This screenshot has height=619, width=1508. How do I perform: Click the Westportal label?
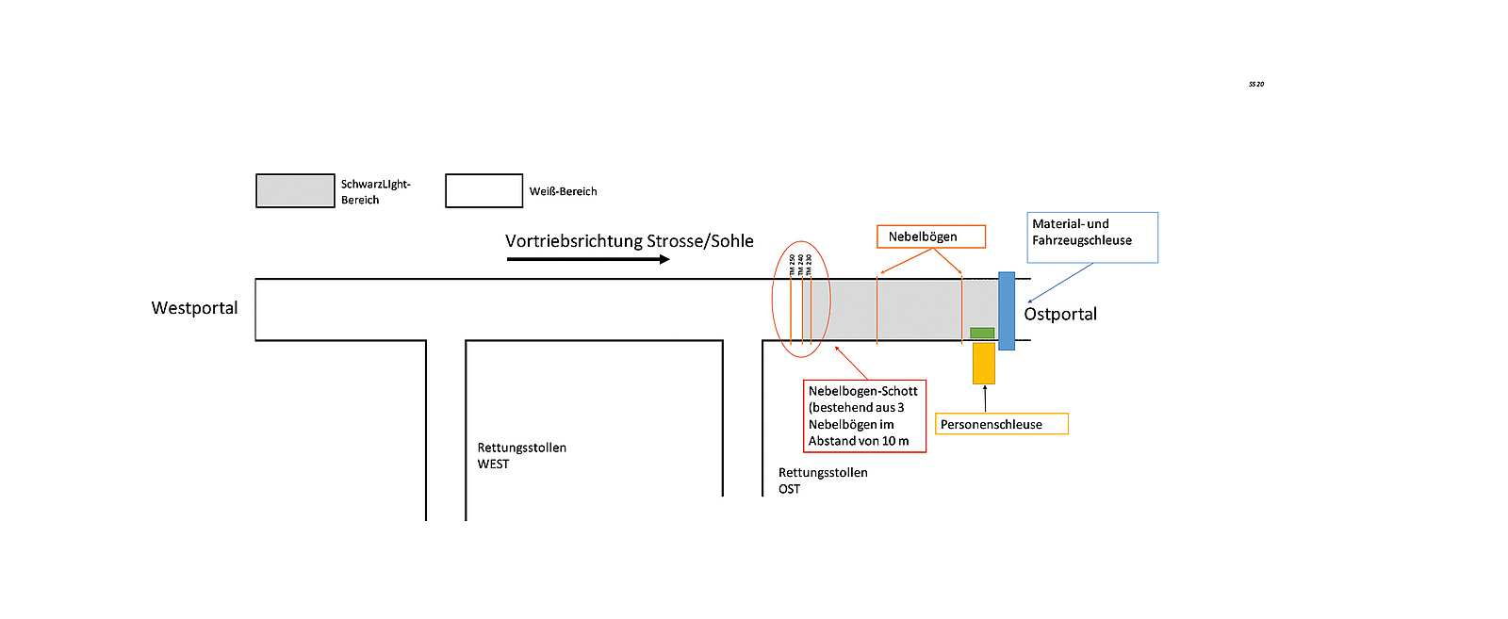click(194, 308)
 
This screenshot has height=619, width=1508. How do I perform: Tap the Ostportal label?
click(1060, 315)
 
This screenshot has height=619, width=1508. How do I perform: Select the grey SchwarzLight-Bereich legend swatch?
click(295, 190)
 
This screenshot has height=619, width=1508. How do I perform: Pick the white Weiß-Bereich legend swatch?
click(484, 190)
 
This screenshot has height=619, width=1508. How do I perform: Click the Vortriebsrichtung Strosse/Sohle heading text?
click(629, 241)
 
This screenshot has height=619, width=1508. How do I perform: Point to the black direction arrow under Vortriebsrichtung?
click(588, 259)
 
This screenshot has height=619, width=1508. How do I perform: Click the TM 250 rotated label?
click(792, 266)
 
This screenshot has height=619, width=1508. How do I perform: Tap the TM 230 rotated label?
click(809, 266)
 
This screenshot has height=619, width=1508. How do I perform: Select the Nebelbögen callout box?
click(931, 236)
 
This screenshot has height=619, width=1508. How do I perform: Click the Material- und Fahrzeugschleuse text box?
click(1091, 236)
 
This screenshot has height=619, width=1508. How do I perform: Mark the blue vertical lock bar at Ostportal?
click(1007, 311)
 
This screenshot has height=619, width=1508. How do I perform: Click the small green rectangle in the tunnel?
click(982, 333)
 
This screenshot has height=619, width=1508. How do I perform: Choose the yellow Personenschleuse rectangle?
click(984, 363)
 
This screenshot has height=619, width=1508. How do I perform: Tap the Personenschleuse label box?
click(1001, 424)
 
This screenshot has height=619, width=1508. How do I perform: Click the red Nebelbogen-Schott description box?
click(864, 415)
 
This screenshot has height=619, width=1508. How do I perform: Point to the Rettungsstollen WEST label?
click(521, 456)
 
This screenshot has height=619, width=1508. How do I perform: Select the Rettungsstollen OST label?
click(822, 481)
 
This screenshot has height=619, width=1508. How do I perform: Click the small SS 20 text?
click(1256, 85)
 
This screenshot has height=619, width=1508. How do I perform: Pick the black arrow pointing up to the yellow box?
click(985, 399)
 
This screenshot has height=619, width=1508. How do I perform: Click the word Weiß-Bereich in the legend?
click(563, 191)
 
